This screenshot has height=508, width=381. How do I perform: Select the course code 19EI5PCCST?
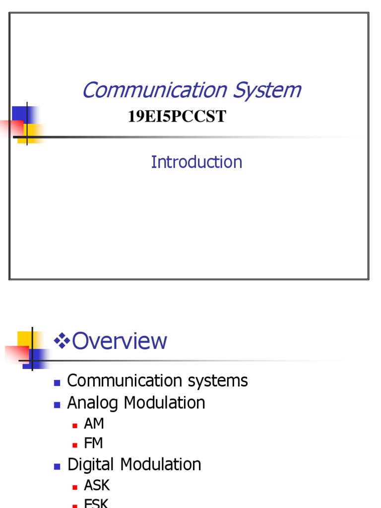tap(177, 117)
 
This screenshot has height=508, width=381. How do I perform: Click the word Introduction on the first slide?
tap(196, 162)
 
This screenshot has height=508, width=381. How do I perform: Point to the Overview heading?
tap(120, 341)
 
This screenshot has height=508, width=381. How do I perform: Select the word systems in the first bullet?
tap(216, 381)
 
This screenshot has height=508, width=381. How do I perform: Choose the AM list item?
tap(94, 424)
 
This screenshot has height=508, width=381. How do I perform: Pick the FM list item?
tap(93, 444)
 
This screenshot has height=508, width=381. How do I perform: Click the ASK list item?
tap(97, 485)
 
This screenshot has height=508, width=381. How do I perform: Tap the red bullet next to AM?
tap(75, 425)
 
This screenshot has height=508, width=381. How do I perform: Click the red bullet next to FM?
tap(75, 444)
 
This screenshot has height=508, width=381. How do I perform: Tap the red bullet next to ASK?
tap(75, 486)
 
